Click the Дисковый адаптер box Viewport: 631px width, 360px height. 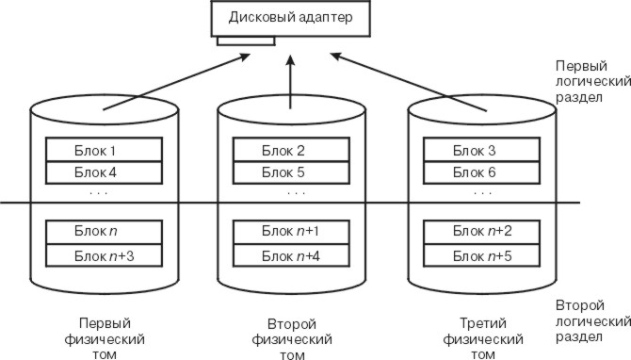pos(288,19)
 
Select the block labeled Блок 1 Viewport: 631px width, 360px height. pos(105,150)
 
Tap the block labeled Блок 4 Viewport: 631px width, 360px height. pos(105,172)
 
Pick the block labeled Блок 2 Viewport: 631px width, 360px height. pos(294,150)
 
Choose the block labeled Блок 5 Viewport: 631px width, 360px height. pos(294,172)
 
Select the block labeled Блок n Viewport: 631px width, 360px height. pos(105,232)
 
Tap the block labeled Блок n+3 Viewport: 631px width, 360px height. pos(105,254)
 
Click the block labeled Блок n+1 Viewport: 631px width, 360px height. pos(294,232)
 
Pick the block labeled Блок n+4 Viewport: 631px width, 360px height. pos(294,254)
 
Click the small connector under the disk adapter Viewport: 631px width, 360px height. pos(245,40)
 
